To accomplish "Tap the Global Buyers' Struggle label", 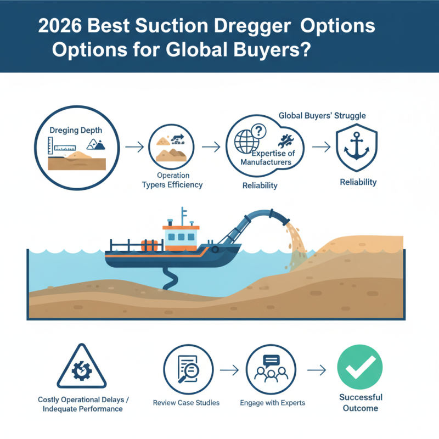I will coord(322,116).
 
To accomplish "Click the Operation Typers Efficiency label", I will coord(172,180).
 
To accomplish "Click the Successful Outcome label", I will coord(360,402).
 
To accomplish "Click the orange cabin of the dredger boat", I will coord(179,237).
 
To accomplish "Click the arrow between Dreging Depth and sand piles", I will coord(132,147).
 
